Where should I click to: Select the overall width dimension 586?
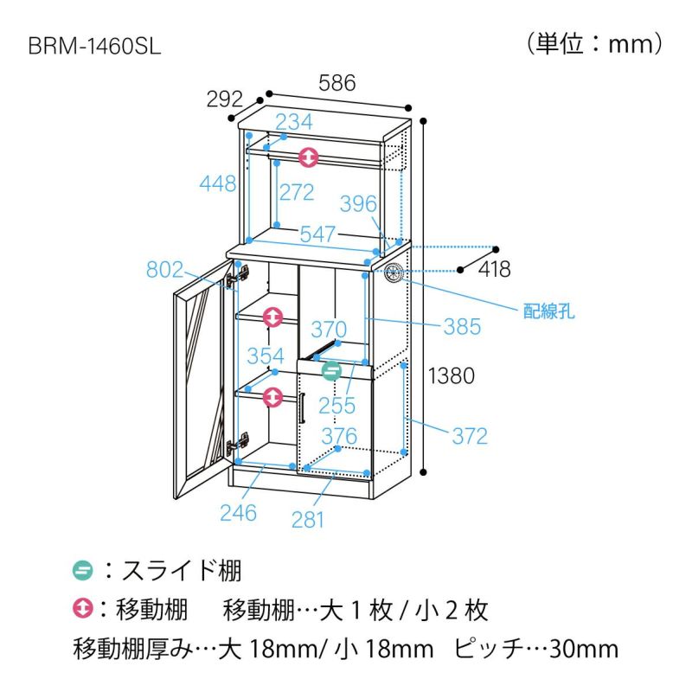tap(337, 84)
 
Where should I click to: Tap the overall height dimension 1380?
tap(452, 375)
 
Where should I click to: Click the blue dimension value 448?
tap(218, 183)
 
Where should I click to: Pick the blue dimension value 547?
tap(318, 234)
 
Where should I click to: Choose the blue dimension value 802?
tap(164, 270)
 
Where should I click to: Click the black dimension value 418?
tap(493, 270)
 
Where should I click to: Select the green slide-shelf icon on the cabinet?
tap(331, 372)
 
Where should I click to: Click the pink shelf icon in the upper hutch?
tap(309, 158)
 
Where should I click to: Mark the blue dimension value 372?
tap(470, 435)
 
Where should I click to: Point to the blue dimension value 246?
tap(238, 512)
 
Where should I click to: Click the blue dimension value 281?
tap(308, 519)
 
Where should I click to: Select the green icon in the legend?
tap(83, 571)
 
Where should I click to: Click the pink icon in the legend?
tap(83, 611)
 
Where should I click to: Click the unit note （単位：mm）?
tap(594, 42)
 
